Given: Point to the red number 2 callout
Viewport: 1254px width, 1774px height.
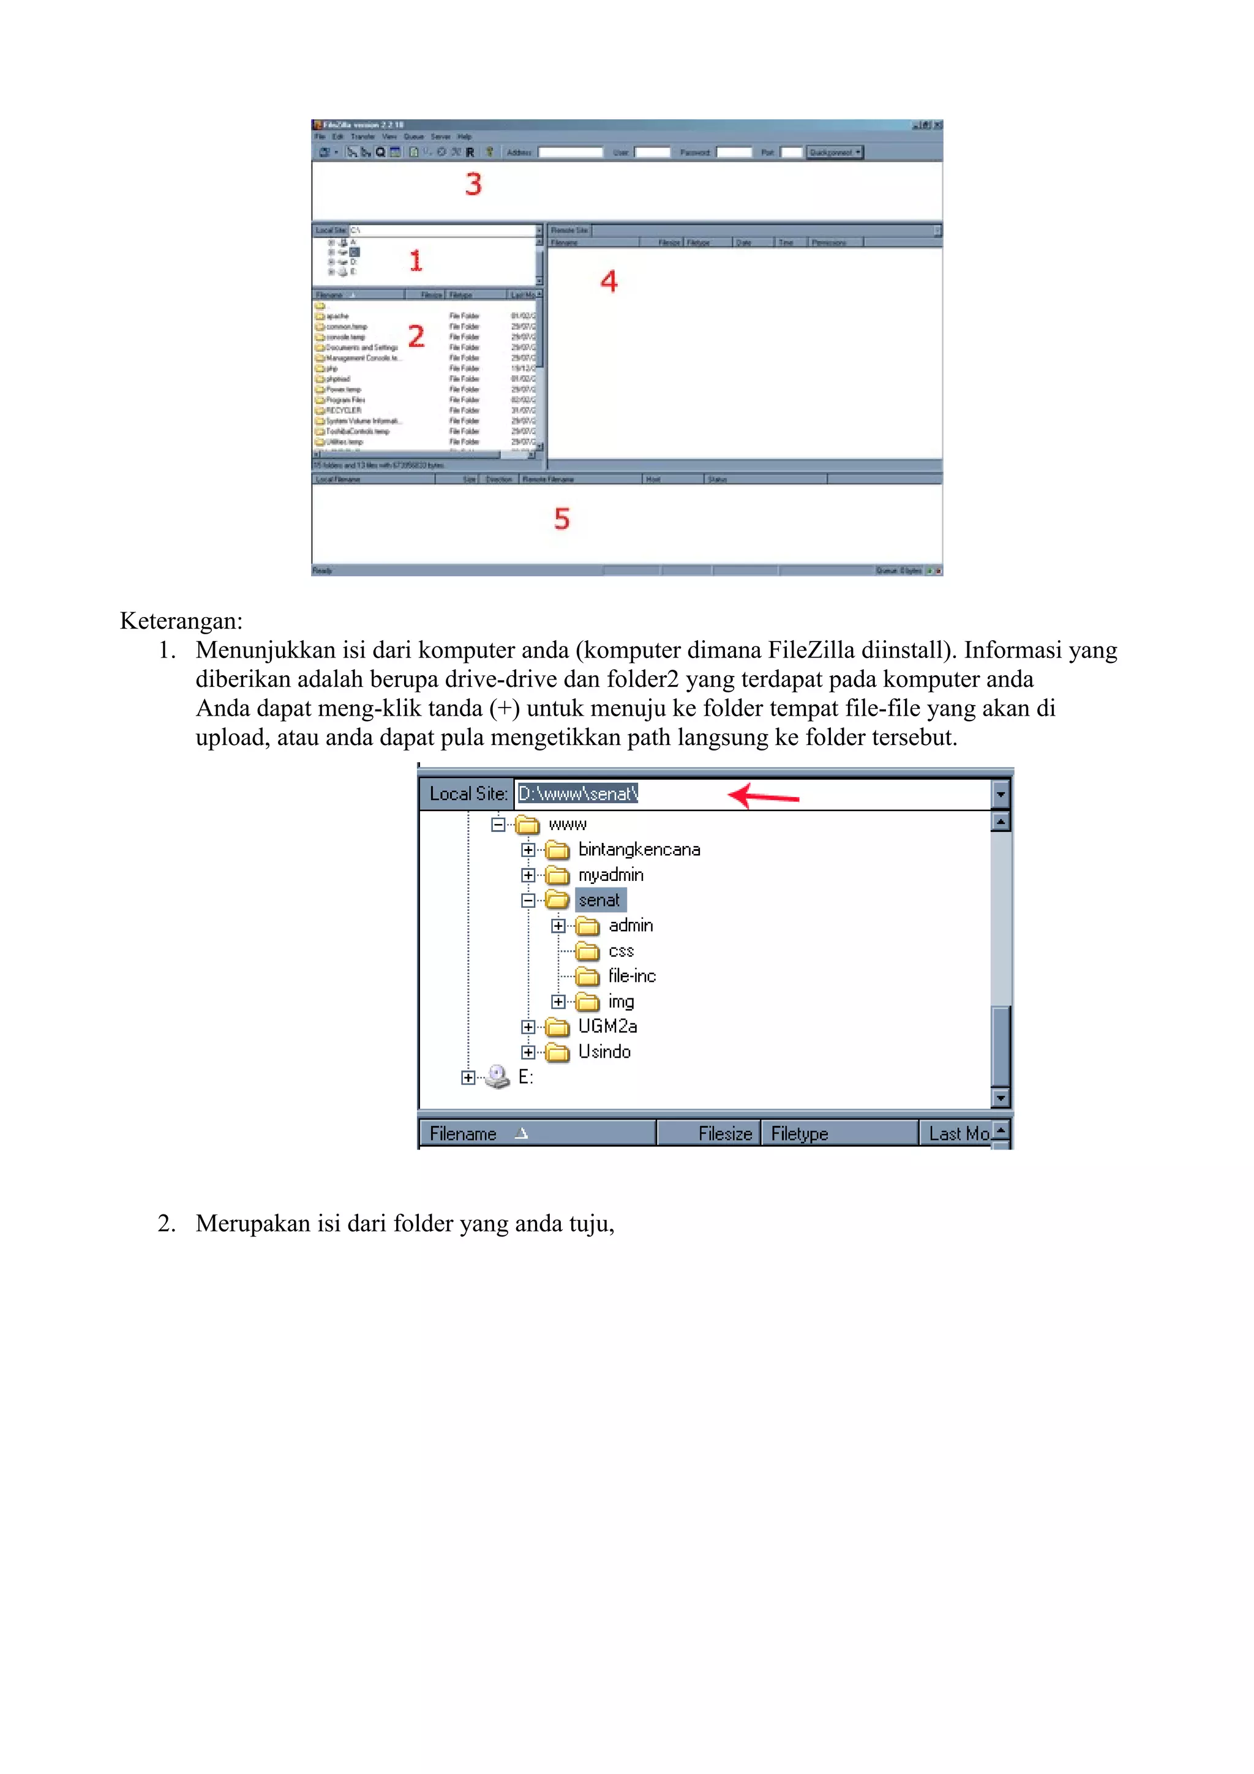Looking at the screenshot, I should click(x=416, y=336).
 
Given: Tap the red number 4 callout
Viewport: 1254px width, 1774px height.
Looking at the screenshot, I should click(x=609, y=281).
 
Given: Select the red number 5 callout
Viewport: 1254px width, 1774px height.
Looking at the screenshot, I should click(x=561, y=518).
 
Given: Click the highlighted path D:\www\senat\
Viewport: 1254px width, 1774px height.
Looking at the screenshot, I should click(x=578, y=793).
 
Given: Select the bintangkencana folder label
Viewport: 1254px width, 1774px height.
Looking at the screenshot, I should click(x=639, y=849).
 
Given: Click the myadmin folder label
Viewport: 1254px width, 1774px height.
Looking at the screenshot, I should click(x=610, y=875).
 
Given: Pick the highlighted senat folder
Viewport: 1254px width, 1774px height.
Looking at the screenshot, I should click(x=599, y=900).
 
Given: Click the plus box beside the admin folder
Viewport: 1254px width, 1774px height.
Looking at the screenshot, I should click(x=558, y=926).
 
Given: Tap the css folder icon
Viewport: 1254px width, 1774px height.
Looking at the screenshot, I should click(x=587, y=951).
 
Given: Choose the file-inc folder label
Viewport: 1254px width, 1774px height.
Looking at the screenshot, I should click(x=631, y=976).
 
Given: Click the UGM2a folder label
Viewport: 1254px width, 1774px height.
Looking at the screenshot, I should click(x=607, y=1026).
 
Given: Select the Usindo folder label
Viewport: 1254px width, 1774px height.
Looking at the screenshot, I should click(x=604, y=1052).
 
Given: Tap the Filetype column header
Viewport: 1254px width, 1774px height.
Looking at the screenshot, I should click(x=799, y=1134).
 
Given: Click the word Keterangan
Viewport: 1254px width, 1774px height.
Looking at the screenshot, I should click(x=181, y=621).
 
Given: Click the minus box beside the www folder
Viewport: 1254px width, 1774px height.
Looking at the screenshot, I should click(x=498, y=825).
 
